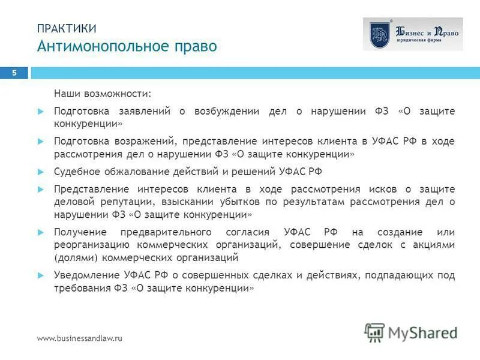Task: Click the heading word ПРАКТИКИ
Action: pyautogui.click(x=66, y=28)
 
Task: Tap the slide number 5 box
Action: pyautogui.click(x=15, y=73)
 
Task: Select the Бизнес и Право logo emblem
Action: pyautogui.click(x=379, y=34)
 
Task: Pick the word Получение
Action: pyautogui.click(x=80, y=232)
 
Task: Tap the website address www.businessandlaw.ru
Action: pyautogui.click(x=80, y=338)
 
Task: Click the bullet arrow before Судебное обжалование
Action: pyautogui.click(x=41, y=171)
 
